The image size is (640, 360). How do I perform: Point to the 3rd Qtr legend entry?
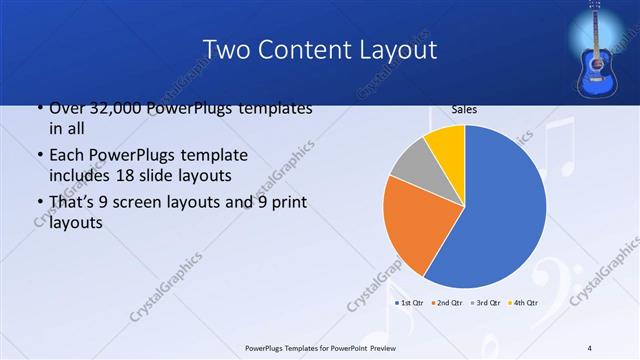[484, 302]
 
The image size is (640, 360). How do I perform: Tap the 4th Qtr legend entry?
[523, 302]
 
